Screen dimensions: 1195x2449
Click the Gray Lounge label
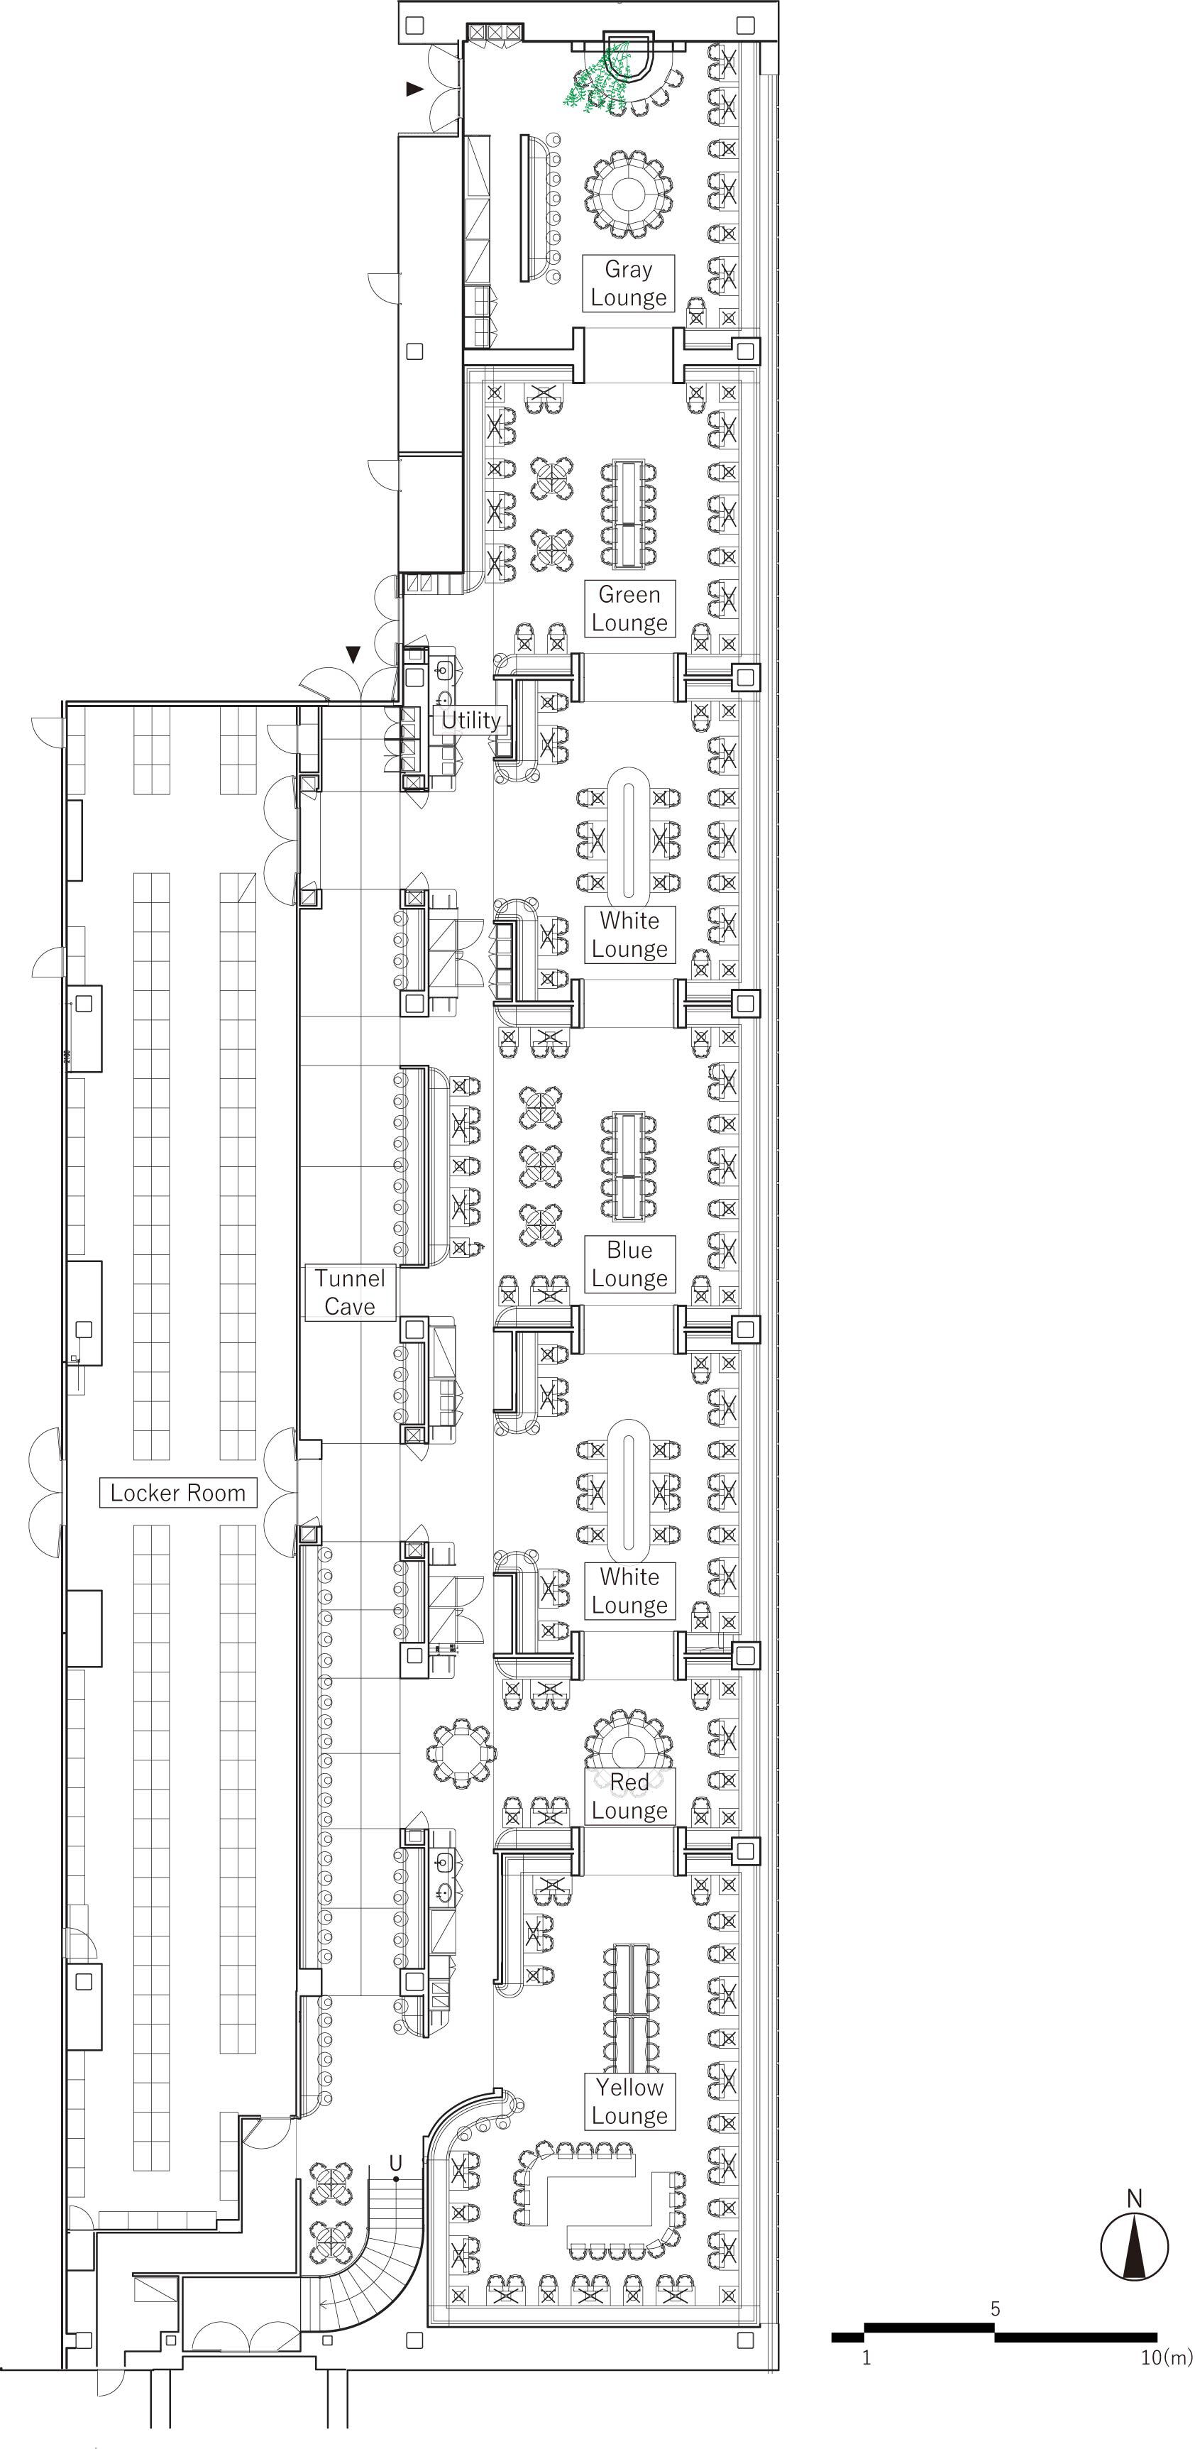[629, 283]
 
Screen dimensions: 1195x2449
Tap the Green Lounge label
[629, 608]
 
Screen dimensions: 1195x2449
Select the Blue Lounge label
[629, 1264]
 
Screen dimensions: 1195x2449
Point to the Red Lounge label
[629, 1796]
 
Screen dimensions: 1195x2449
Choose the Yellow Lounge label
[629, 2101]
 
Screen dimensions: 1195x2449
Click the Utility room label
[470, 721]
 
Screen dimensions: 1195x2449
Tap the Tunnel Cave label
[350, 1293]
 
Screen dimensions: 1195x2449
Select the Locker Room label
[178, 1493]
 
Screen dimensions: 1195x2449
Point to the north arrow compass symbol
[1134, 2245]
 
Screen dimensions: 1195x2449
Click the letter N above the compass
[1134, 2198]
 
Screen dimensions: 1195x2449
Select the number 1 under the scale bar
[866, 2357]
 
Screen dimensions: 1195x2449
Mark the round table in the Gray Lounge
[629, 193]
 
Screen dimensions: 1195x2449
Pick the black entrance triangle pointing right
[414, 89]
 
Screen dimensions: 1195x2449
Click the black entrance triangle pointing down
[353, 654]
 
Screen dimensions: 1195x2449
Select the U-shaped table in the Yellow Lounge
[599, 2196]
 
